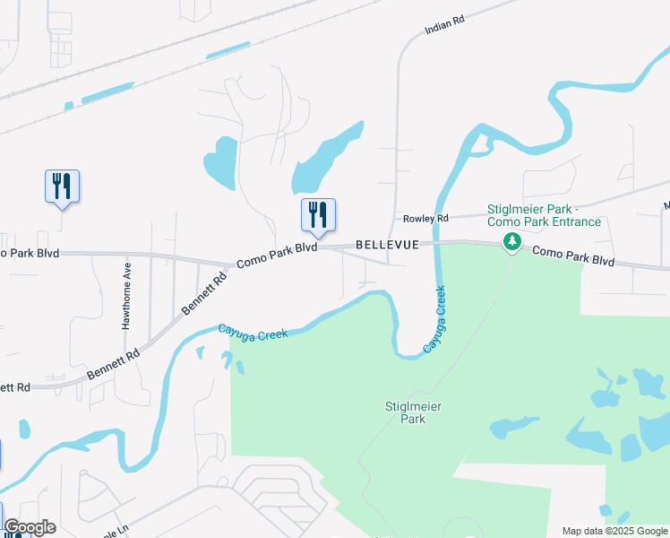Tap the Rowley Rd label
click(x=425, y=219)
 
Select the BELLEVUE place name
click(x=387, y=244)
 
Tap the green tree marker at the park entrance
click(x=511, y=241)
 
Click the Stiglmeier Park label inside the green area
click(x=413, y=412)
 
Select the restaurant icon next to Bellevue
click(x=317, y=215)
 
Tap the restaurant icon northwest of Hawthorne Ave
click(x=62, y=187)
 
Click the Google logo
click(x=30, y=527)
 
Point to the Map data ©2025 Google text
click(x=614, y=531)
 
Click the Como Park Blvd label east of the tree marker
click(x=573, y=256)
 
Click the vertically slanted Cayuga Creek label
click(x=434, y=319)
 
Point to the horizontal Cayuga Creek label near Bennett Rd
click(x=253, y=332)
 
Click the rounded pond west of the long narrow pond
click(x=220, y=161)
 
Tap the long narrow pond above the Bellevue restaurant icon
click(x=327, y=156)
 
